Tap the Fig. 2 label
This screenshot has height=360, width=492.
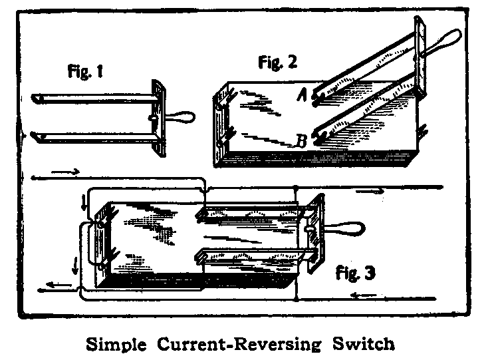(277, 63)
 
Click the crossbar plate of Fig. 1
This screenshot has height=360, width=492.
(158, 118)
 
